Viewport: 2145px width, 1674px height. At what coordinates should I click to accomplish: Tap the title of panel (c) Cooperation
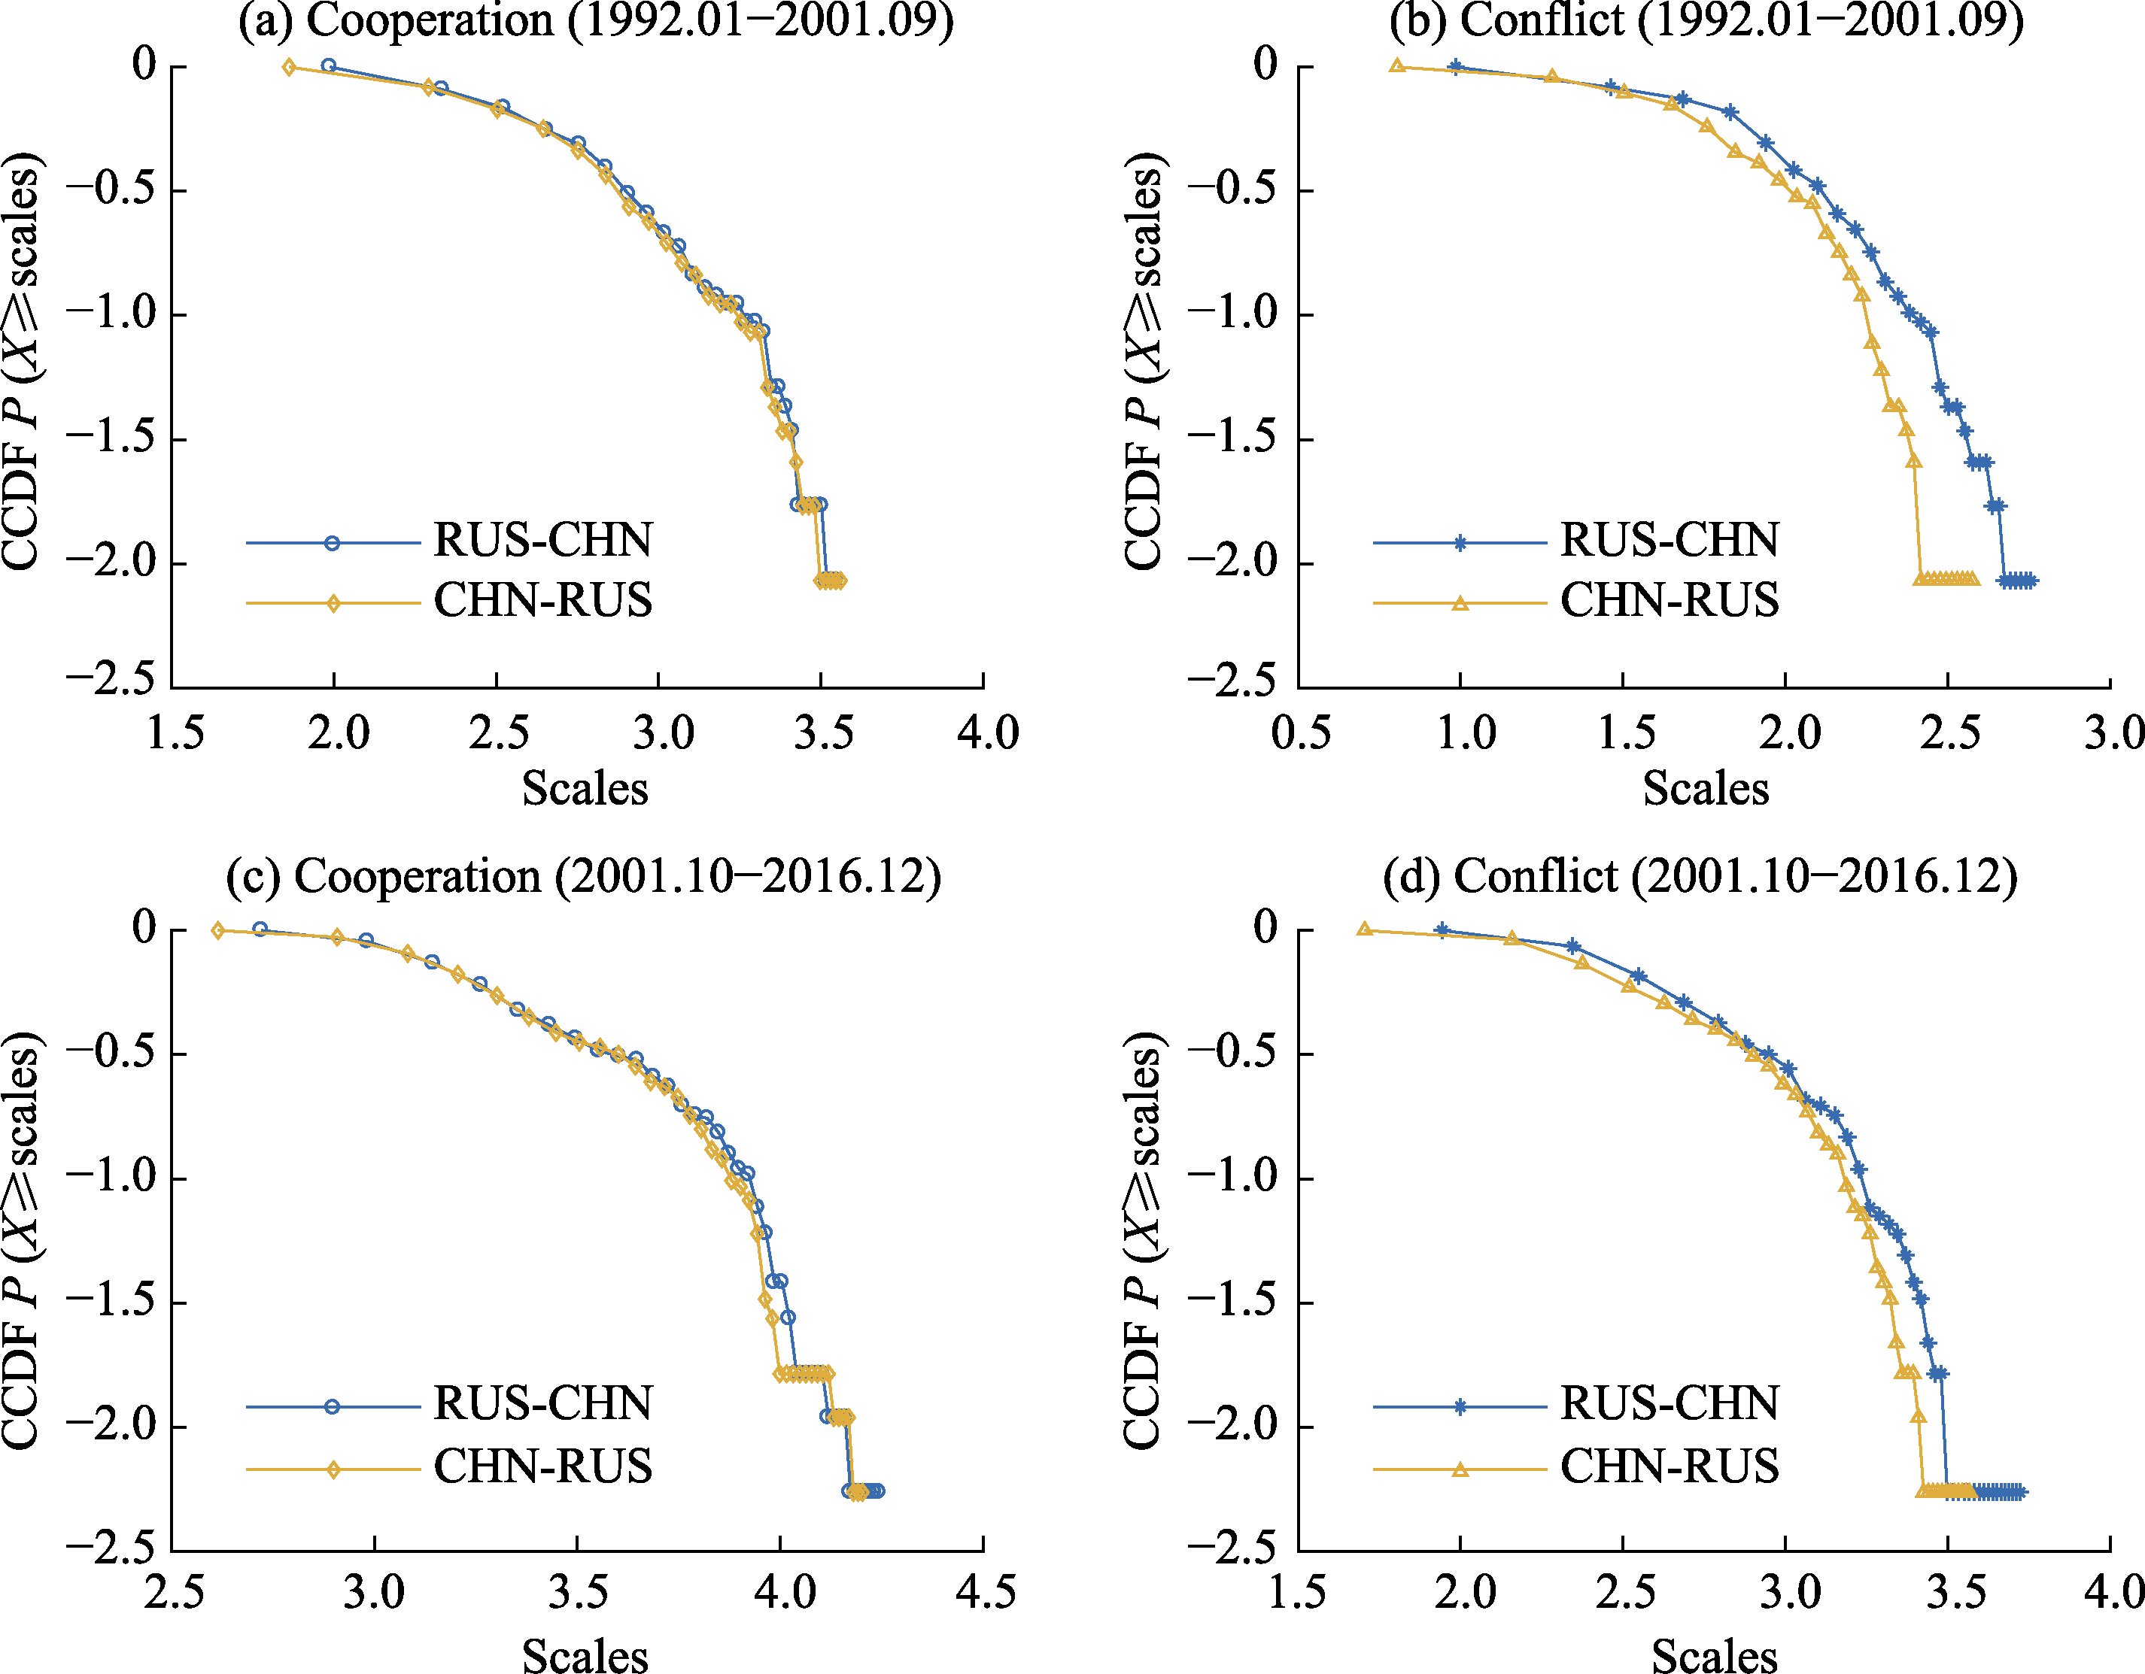[x=583, y=876]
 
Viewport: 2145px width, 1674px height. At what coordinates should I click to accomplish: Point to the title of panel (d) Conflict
[x=1700, y=876]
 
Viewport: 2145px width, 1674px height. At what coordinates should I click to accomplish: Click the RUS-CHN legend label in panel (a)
[x=543, y=541]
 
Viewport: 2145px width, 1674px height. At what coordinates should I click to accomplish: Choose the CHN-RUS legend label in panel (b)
[x=1670, y=601]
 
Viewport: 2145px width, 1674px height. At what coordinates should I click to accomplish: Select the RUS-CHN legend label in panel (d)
[x=1670, y=1404]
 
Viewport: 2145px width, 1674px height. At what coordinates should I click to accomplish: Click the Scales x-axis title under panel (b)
[x=1706, y=788]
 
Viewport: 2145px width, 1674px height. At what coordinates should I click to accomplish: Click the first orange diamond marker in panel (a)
[x=289, y=68]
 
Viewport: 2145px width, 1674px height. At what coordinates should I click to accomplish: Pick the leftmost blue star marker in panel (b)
[x=1456, y=68]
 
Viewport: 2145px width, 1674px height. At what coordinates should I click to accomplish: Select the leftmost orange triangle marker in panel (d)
[x=1364, y=929]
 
